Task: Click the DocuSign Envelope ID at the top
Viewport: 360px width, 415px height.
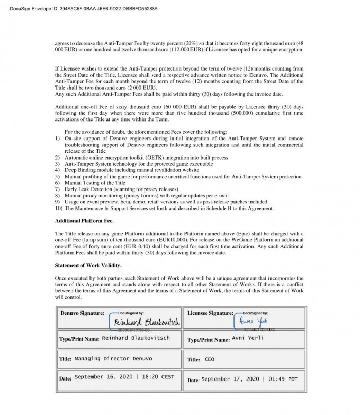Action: [79, 9]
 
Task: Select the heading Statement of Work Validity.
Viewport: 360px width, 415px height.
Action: [88, 265]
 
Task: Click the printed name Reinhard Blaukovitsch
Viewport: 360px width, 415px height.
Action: [136, 338]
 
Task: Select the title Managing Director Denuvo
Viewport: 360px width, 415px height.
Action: [113, 358]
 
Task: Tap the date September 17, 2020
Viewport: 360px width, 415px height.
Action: [249, 379]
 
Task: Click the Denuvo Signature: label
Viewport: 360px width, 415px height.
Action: [82, 313]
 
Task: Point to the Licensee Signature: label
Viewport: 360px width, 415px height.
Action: [210, 313]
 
